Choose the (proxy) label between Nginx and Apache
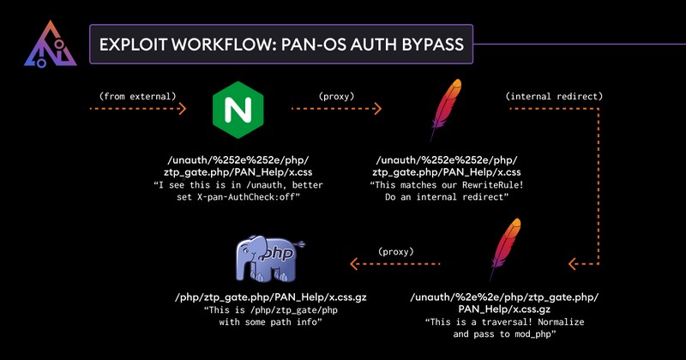336,95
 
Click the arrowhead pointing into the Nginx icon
181,110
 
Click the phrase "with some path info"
264,322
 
